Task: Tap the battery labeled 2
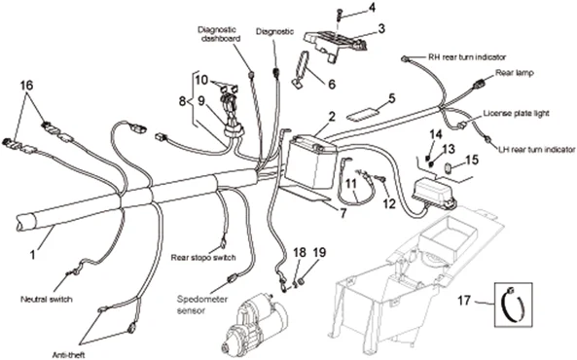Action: click(314, 155)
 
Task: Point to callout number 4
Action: click(371, 9)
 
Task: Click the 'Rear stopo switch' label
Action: click(202, 258)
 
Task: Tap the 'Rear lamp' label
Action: click(517, 72)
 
